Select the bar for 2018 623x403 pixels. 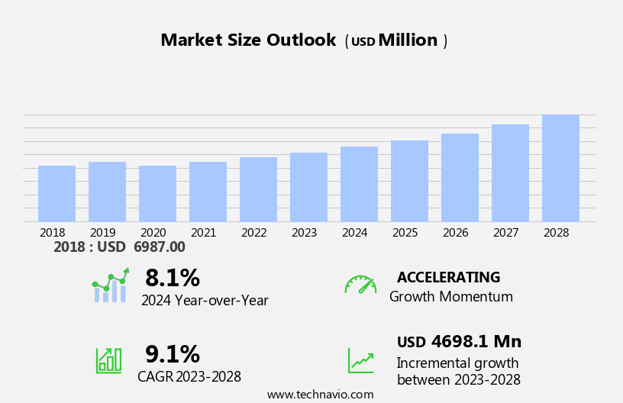[x=56, y=194]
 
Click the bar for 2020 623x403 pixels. [x=157, y=194]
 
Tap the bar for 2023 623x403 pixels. [x=308, y=187]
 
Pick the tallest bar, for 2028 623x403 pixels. [x=560, y=168]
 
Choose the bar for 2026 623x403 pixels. [x=460, y=178]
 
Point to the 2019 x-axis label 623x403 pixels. [x=103, y=233]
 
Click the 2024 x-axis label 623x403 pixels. [x=355, y=233]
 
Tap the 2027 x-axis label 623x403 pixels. [x=506, y=233]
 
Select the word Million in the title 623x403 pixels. [x=408, y=40]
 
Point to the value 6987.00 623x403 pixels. [x=160, y=247]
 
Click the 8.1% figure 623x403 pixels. [x=173, y=278]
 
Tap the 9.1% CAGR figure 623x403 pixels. [x=173, y=354]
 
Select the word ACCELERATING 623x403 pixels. [x=448, y=278]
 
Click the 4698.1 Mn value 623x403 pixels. [x=476, y=342]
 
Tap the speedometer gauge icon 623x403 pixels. [x=360, y=285]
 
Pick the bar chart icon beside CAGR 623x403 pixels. [x=108, y=359]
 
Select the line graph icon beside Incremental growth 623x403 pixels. [x=360, y=360]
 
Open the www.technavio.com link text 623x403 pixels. [x=320, y=395]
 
